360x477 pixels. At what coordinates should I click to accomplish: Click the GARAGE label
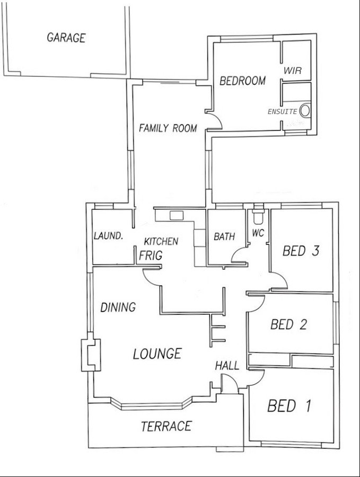point(66,38)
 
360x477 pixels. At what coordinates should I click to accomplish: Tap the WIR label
point(293,70)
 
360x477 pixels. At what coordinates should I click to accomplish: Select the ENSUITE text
point(283,112)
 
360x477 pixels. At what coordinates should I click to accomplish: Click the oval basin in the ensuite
point(305,111)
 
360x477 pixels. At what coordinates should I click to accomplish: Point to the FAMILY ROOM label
point(168,128)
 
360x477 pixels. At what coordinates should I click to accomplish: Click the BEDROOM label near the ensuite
point(242,81)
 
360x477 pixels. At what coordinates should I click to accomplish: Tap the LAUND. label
point(109,236)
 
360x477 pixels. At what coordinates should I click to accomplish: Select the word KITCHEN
point(162,241)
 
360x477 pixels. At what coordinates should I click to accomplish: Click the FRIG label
point(151,255)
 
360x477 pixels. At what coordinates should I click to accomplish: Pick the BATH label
point(224,237)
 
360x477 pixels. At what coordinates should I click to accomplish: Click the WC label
point(258,233)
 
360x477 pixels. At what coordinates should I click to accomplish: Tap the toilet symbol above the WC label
point(259,216)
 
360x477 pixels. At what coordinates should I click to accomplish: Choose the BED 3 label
point(301,251)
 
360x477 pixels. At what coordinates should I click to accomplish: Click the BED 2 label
point(288,324)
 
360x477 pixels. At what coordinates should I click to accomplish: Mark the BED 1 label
point(289,407)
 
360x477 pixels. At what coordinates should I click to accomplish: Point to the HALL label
point(227,366)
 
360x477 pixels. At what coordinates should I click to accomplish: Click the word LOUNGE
point(157,353)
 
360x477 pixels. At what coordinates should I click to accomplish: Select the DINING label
point(118,307)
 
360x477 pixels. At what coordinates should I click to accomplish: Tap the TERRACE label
point(166,426)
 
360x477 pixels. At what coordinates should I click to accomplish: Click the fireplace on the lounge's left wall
point(89,355)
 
